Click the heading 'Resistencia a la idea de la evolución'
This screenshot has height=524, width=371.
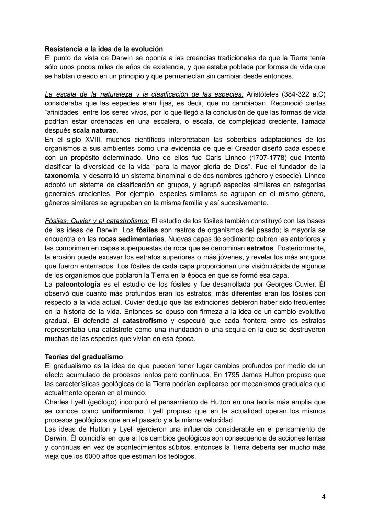pos(104,49)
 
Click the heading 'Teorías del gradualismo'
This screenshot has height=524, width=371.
pos(84,357)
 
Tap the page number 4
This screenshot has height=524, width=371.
pos(324,497)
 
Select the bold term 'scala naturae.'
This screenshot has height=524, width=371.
pos(95,131)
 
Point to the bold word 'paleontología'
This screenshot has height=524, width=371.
pos(78,284)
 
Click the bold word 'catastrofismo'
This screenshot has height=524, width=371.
pos(145,321)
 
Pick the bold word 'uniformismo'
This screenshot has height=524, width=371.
pos(123,411)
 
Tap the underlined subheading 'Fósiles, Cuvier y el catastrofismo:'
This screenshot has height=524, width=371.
pos(97,221)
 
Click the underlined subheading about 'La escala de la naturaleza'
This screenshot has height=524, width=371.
pos(144,94)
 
